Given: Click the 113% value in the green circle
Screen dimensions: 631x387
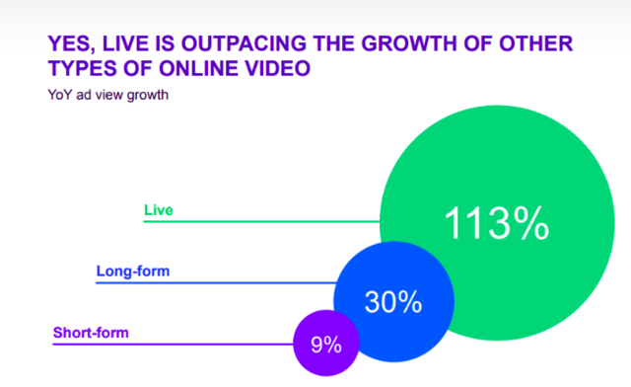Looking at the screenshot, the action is tap(497, 223).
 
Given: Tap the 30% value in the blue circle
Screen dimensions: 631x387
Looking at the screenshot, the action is tap(393, 302).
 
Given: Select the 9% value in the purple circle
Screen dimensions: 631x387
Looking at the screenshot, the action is tap(326, 345).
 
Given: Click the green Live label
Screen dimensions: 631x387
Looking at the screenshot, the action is tap(159, 210).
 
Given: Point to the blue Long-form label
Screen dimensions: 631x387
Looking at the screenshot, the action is tap(133, 271).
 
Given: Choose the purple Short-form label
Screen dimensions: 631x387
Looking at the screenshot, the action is tap(91, 333).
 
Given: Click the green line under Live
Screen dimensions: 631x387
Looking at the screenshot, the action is tap(261, 221).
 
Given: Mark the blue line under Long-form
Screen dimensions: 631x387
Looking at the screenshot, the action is tap(216, 282).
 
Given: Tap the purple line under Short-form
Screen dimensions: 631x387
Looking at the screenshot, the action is tap(174, 344).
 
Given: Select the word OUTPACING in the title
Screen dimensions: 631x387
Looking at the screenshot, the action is tap(244, 43).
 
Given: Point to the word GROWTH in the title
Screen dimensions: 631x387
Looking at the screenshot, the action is tap(408, 43).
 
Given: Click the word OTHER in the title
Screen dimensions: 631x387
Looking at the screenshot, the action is tap(536, 43).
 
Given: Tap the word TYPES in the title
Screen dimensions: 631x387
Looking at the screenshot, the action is tap(83, 68).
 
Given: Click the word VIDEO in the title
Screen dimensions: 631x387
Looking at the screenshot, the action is tap(278, 68).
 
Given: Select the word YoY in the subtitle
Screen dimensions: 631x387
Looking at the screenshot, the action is tap(60, 95).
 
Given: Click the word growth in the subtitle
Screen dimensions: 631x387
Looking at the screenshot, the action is tap(147, 96).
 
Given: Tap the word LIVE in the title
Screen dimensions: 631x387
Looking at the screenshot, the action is tap(125, 43).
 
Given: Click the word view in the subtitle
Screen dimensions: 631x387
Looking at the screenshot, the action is tap(108, 95).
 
